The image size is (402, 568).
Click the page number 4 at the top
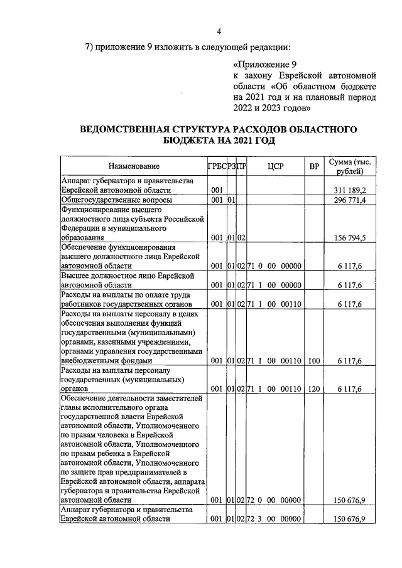219,31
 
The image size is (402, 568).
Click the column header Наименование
133,166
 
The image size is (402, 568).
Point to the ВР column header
314,166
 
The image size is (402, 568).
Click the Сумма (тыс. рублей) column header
349,166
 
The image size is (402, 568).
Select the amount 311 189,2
350,190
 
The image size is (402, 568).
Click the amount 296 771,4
350,200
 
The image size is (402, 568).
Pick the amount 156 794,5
350,238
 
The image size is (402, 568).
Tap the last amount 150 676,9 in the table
350,519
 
